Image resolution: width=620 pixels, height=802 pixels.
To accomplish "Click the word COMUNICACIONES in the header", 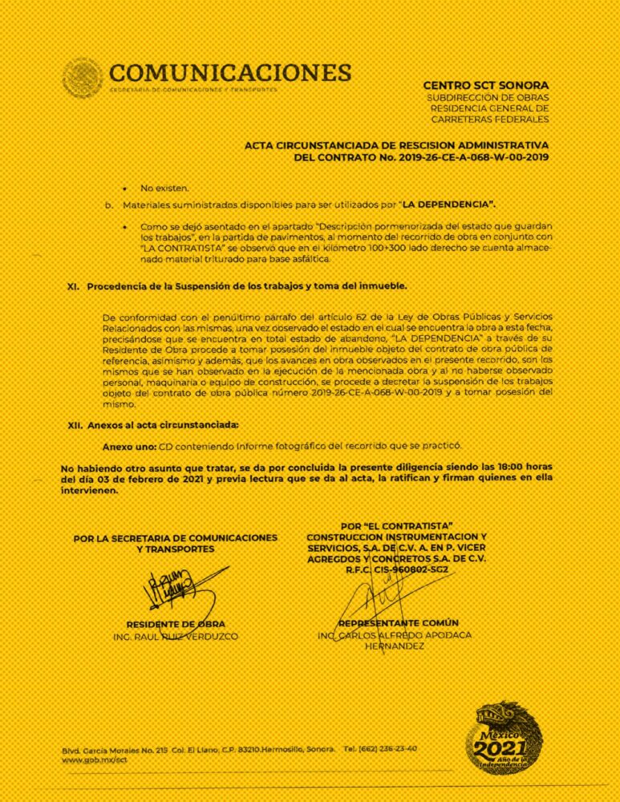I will point(229,73).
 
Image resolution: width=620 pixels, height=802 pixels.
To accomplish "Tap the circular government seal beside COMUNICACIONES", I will point(83,78).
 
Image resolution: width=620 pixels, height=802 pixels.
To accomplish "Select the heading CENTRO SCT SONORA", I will point(485,85).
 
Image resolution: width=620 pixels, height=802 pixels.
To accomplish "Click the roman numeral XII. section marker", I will point(76,424).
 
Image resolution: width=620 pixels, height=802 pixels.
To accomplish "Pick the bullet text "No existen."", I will point(164,188).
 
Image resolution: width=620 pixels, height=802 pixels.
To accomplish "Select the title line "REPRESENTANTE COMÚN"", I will point(399,623).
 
